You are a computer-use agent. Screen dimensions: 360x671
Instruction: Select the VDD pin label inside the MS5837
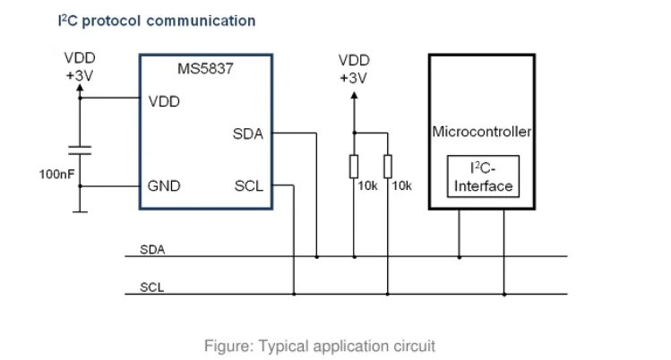click(x=164, y=101)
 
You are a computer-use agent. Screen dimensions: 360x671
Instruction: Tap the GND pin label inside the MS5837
click(x=164, y=186)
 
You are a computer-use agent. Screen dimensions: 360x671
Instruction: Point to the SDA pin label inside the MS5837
click(x=248, y=134)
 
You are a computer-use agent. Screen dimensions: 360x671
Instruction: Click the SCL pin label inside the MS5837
click(x=248, y=186)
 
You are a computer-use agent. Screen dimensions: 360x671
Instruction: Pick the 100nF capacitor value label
click(x=56, y=174)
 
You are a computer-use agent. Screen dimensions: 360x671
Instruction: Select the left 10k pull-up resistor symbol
click(x=354, y=166)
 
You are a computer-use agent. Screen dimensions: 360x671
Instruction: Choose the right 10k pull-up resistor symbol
click(x=387, y=166)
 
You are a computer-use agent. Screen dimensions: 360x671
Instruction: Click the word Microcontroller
click(x=482, y=132)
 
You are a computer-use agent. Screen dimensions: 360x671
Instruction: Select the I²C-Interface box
click(x=483, y=177)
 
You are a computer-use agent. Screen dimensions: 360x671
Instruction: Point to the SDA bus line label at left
click(x=151, y=250)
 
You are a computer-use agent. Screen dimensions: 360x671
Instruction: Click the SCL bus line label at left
click(x=151, y=287)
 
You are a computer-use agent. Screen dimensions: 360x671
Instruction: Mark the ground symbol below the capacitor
click(x=81, y=211)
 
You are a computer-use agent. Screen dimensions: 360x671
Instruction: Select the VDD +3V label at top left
click(x=80, y=68)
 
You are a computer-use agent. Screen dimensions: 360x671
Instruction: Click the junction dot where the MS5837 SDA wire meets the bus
click(x=317, y=257)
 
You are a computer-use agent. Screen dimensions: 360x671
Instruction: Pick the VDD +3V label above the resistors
click(x=354, y=69)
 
